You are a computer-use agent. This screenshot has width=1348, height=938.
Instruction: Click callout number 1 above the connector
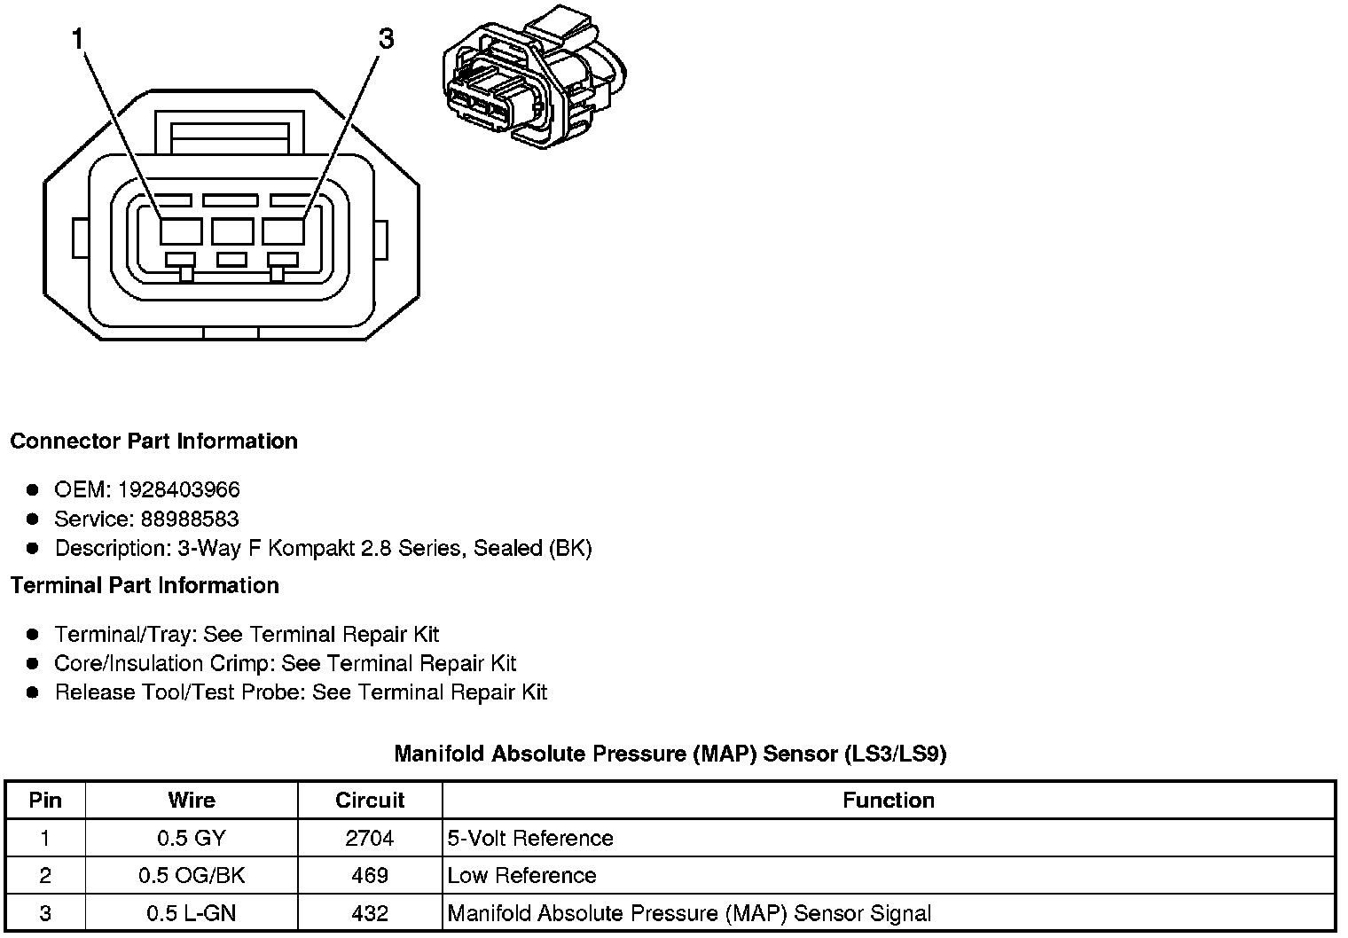point(78,39)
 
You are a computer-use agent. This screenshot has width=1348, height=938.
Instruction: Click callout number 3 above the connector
point(386,39)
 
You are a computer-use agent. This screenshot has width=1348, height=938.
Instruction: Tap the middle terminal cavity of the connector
point(232,231)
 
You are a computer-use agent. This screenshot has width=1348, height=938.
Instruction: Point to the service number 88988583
point(190,519)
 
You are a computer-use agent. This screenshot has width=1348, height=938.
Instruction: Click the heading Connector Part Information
point(153,442)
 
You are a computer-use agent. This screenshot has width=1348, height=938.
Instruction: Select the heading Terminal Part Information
point(145,586)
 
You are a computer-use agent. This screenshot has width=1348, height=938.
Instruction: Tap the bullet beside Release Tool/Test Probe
point(33,692)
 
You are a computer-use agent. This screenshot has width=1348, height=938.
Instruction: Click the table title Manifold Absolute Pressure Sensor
point(670,754)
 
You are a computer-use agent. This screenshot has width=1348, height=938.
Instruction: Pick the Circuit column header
point(370,801)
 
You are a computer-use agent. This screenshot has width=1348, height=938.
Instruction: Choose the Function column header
point(888,801)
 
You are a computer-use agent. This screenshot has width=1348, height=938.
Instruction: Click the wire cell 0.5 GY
point(192,838)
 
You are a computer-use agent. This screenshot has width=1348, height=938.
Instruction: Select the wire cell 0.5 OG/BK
point(192,876)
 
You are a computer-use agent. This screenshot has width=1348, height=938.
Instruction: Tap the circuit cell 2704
point(370,838)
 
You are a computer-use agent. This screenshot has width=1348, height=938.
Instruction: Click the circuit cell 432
point(370,913)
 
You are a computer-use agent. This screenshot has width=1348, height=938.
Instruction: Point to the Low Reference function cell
point(521,876)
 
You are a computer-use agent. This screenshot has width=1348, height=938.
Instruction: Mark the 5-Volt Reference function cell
point(530,838)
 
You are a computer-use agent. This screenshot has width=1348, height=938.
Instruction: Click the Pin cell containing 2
point(45,876)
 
